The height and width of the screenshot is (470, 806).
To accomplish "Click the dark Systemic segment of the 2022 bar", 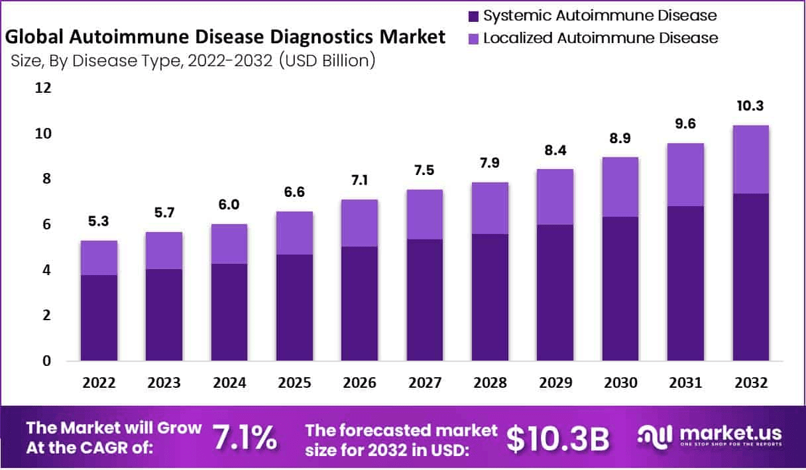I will point(99,318).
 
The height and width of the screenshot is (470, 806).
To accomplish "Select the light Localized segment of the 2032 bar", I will point(751,159).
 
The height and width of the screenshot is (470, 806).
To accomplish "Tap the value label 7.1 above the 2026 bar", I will point(359,180).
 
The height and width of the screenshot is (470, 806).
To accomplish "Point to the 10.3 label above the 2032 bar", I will point(751,106).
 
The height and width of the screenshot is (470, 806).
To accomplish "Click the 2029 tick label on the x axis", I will point(555,383).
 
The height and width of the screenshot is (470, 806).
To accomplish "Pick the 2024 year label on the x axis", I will point(229,383).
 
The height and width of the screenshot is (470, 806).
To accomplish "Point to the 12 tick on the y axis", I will point(42,88).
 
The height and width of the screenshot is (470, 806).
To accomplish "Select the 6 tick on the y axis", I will point(46,225).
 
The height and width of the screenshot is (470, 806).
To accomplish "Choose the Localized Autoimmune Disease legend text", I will point(601,38).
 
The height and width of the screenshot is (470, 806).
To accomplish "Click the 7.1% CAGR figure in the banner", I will point(244,438).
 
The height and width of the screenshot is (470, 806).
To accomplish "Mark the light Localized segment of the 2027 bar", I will point(424,214).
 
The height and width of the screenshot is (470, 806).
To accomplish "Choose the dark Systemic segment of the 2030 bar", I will point(620,288).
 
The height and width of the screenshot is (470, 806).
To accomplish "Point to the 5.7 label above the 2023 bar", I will point(164,213).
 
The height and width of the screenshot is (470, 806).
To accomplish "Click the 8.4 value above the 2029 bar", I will point(555,150).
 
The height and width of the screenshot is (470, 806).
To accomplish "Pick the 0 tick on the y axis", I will point(46,361).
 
